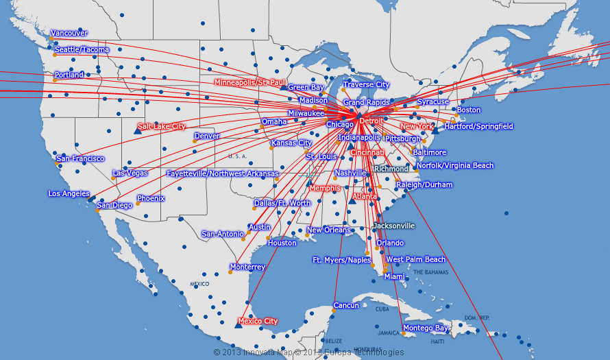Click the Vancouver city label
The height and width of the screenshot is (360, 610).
[69, 33]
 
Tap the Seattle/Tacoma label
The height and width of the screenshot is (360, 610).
[82, 50]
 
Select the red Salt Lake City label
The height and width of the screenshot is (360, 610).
[162, 126]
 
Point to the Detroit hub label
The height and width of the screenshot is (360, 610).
[371, 121]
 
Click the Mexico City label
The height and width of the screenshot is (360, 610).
[258, 321]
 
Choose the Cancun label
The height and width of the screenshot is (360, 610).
[346, 305]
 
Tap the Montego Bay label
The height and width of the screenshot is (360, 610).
[425, 328]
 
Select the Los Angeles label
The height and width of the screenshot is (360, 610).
[69, 193]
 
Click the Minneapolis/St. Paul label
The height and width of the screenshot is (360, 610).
[249, 82]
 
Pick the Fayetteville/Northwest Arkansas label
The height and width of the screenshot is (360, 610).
[223, 173]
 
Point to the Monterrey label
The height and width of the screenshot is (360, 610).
[247, 267]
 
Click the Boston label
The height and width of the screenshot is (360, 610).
[469, 110]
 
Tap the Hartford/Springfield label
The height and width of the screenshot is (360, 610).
[478, 126]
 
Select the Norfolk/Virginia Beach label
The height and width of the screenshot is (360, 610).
[455, 165]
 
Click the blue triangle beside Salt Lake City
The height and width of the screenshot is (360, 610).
[137, 130]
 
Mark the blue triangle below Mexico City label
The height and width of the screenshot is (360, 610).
[238, 325]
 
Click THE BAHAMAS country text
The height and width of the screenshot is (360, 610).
[430, 272]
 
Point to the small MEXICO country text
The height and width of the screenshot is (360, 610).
[199, 283]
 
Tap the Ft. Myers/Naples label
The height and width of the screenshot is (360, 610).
[341, 260]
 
